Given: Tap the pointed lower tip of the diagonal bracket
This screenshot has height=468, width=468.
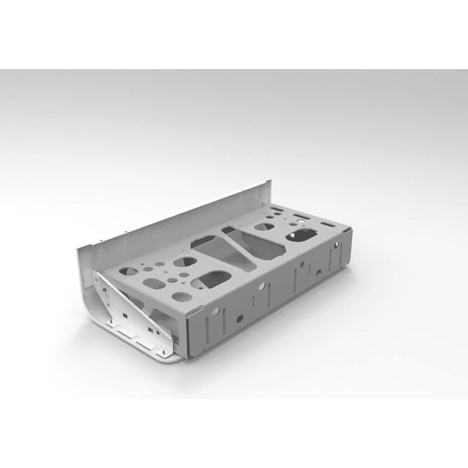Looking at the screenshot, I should coord(173,344).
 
